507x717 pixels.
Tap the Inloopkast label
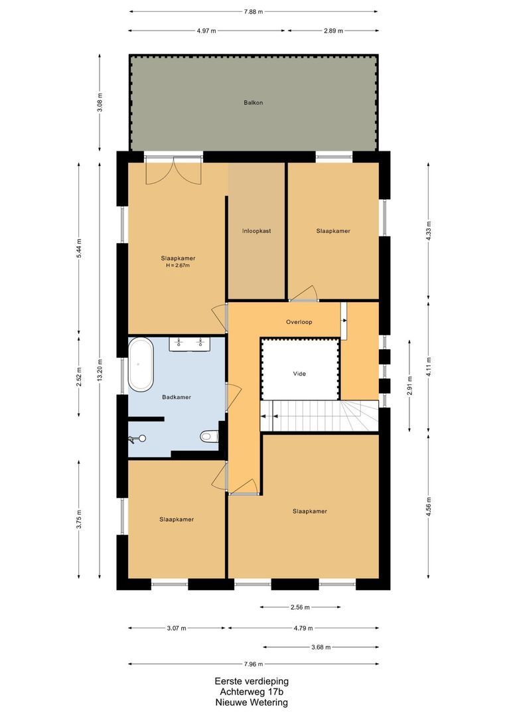(x=256, y=231)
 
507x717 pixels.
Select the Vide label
(x=300, y=374)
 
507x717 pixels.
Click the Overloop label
(x=299, y=322)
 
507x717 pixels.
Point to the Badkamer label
(x=177, y=397)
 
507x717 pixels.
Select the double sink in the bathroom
(x=190, y=343)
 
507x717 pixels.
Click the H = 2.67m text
(x=178, y=266)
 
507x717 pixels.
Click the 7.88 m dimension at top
(x=254, y=11)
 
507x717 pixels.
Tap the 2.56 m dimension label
(x=300, y=607)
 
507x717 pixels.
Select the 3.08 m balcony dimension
(x=100, y=104)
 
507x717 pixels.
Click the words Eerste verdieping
(x=252, y=681)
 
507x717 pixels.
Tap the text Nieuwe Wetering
(x=252, y=702)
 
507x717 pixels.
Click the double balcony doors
(x=174, y=171)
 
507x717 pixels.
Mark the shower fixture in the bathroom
(x=139, y=438)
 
